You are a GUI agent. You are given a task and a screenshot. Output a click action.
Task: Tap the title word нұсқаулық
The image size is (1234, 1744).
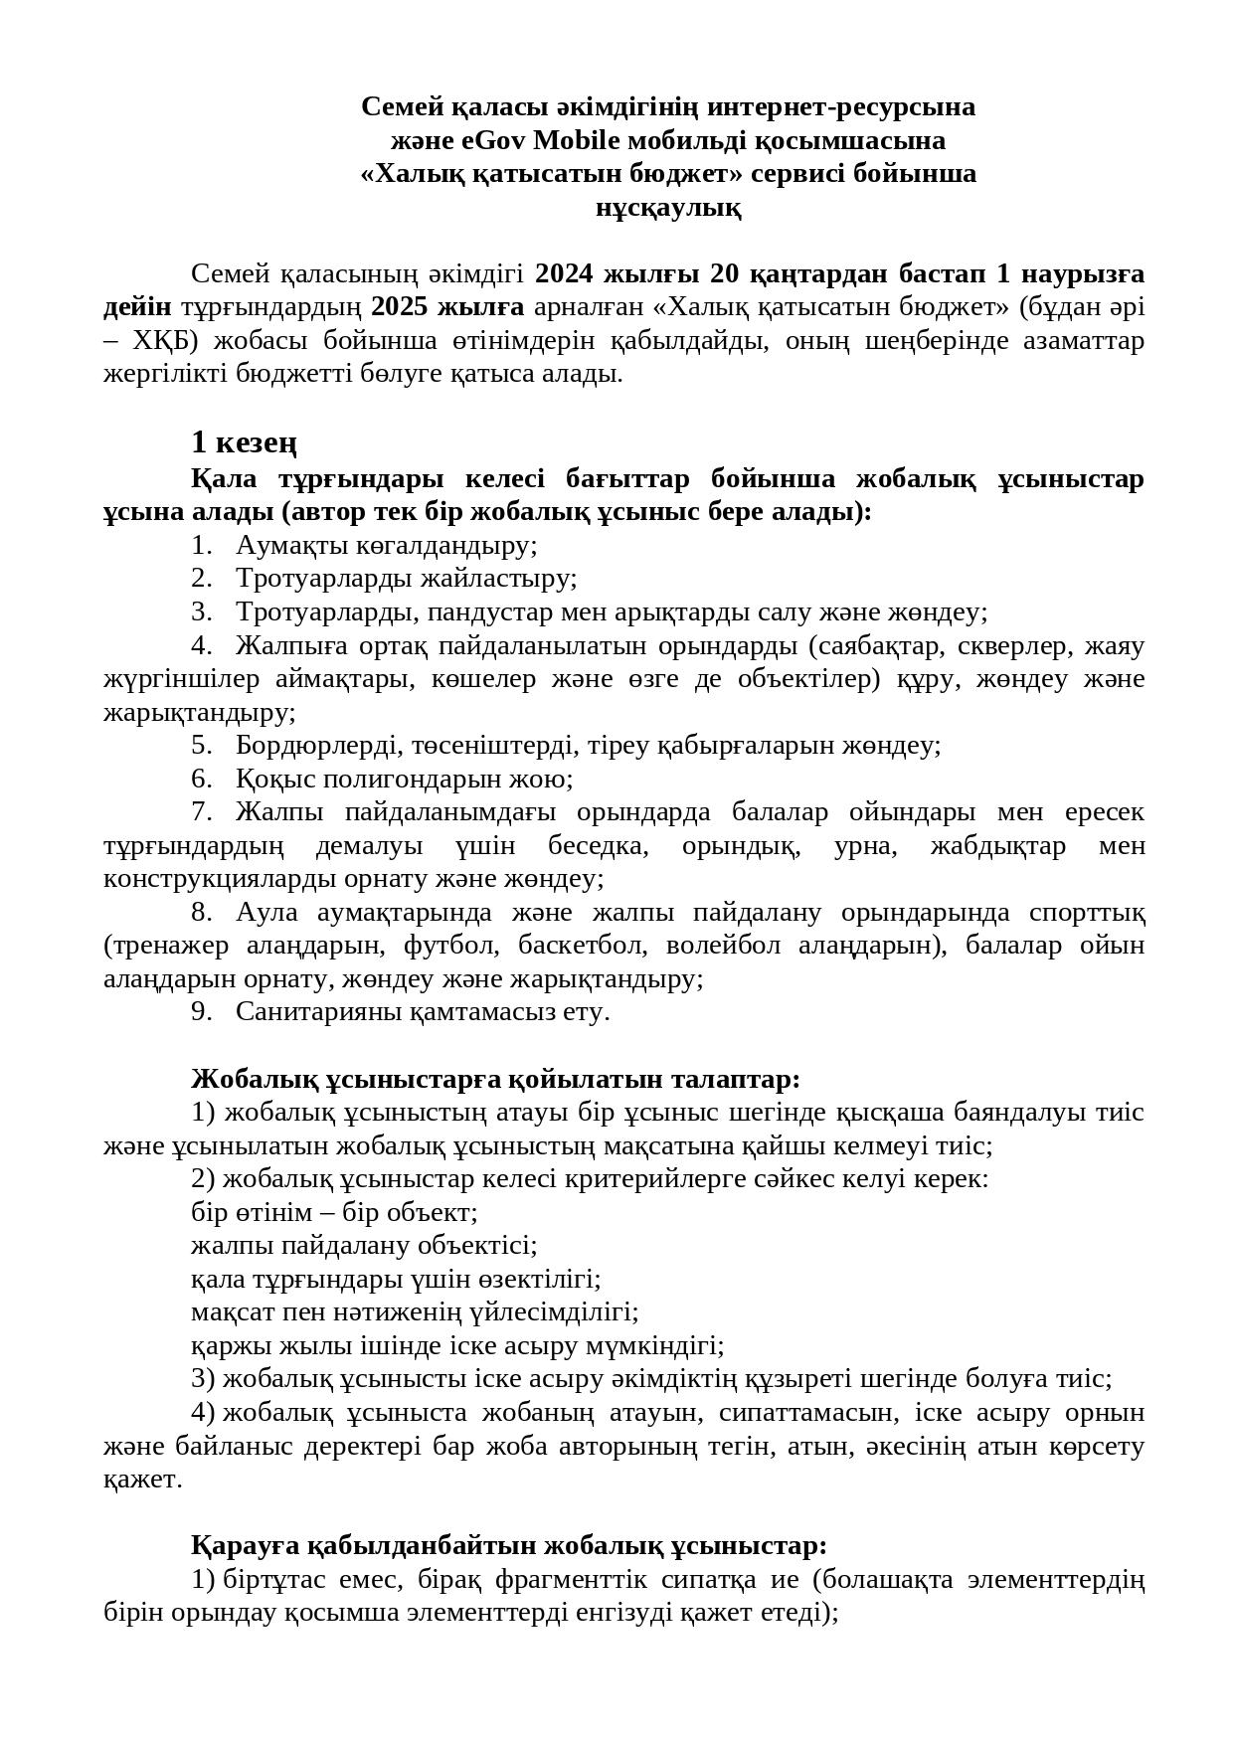667,208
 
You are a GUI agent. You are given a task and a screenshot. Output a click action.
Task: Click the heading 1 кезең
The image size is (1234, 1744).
244,442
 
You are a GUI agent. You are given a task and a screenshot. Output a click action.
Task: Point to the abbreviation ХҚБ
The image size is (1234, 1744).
159,341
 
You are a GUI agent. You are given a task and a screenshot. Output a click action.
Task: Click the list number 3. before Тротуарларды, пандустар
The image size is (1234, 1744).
202,612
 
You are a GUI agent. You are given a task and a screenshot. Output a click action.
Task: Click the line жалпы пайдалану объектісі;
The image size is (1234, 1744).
364,1246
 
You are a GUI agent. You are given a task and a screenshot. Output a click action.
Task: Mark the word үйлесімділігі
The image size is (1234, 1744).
556,1312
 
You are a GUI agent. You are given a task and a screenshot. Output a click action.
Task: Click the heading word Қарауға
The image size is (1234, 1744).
245,1546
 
